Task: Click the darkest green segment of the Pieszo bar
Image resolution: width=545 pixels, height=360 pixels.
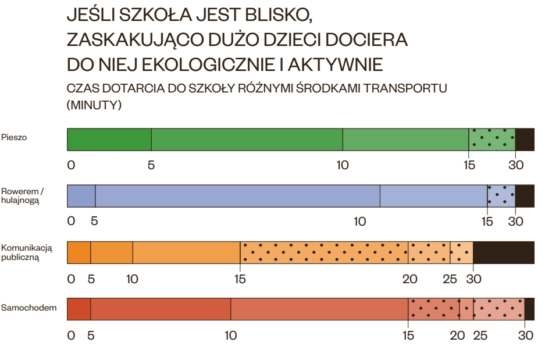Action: pyautogui.click(x=109, y=140)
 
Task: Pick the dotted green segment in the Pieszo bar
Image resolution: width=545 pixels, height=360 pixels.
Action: pyautogui.click(x=491, y=140)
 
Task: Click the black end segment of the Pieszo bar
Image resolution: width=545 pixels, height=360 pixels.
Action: pyautogui.click(x=525, y=140)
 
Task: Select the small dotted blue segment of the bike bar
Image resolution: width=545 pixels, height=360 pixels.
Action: pyautogui.click(x=501, y=196)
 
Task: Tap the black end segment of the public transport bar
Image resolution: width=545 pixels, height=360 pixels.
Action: pyautogui.click(x=504, y=252)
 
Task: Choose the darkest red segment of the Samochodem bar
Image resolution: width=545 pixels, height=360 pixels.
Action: pyautogui.click(x=79, y=309)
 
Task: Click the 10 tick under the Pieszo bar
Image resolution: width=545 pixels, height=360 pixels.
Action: pyautogui.click(x=343, y=165)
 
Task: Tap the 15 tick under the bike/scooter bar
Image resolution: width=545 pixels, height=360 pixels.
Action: pyautogui.click(x=487, y=222)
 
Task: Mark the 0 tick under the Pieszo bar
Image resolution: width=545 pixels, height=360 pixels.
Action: pyautogui.click(x=71, y=165)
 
